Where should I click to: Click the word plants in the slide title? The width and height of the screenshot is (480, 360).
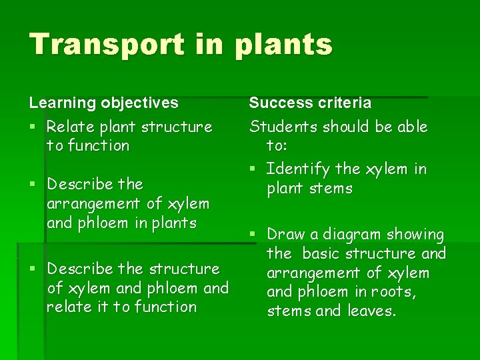click(x=283, y=45)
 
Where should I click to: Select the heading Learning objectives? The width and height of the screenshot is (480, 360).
click(x=103, y=103)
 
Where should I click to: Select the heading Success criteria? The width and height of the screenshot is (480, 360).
click(x=310, y=103)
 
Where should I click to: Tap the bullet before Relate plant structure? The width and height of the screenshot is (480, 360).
click(x=33, y=127)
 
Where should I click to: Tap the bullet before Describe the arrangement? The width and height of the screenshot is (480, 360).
click(x=33, y=184)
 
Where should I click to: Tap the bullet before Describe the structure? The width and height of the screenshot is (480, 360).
click(x=33, y=269)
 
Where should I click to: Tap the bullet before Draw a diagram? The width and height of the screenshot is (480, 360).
click(x=253, y=235)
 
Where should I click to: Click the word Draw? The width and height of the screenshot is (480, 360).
click(x=285, y=234)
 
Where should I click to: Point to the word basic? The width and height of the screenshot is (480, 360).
click(x=323, y=253)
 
